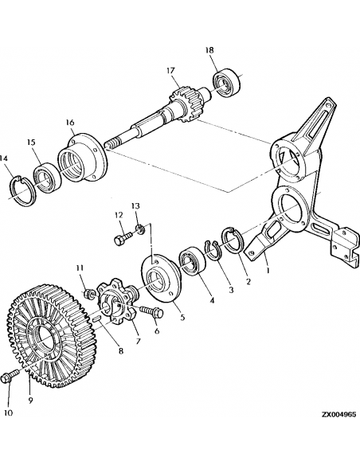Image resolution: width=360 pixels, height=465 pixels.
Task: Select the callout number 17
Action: tap(170, 70)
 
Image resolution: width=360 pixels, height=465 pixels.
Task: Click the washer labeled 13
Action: tap(140, 232)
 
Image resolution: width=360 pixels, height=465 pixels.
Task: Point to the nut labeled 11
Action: tap(89, 295)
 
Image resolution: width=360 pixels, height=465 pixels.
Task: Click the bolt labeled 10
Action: tap(11, 376)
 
